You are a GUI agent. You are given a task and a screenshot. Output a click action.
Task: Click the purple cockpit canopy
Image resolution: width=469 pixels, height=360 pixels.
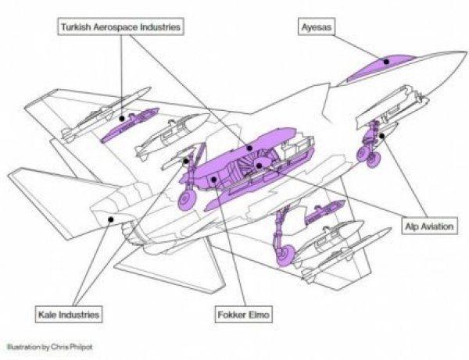(380, 67)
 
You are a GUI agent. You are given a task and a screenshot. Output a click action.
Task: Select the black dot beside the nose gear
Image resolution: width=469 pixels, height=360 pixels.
(381, 136)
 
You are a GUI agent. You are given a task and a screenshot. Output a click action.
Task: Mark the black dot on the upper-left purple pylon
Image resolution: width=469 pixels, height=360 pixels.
(121, 119)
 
